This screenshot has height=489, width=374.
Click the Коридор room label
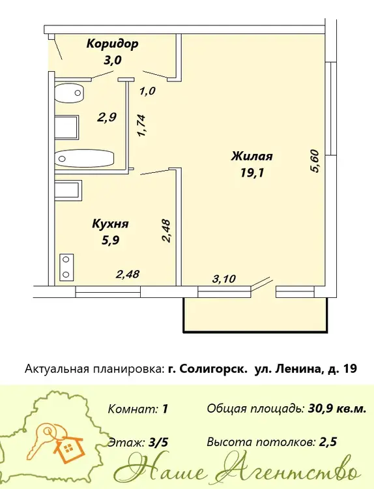[x=112, y=44]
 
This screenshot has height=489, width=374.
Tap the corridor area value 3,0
[x=113, y=60]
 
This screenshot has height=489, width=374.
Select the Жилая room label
[x=252, y=156]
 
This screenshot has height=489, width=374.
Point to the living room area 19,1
[x=252, y=172]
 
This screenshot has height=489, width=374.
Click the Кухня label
[x=111, y=224]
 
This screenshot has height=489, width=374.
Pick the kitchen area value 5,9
[x=111, y=240]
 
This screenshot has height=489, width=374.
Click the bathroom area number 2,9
[x=108, y=117]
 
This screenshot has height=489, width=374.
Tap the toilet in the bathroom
[x=70, y=93]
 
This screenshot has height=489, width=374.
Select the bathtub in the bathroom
[x=85, y=158]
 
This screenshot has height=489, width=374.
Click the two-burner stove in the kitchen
[x=66, y=267]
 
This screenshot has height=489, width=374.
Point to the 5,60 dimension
[x=315, y=161]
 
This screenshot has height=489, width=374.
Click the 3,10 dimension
[x=223, y=278]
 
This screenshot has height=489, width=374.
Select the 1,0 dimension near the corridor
[x=147, y=91]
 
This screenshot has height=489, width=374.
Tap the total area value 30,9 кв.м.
[x=338, y=409]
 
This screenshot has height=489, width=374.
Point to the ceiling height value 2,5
[x=328, y=442]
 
